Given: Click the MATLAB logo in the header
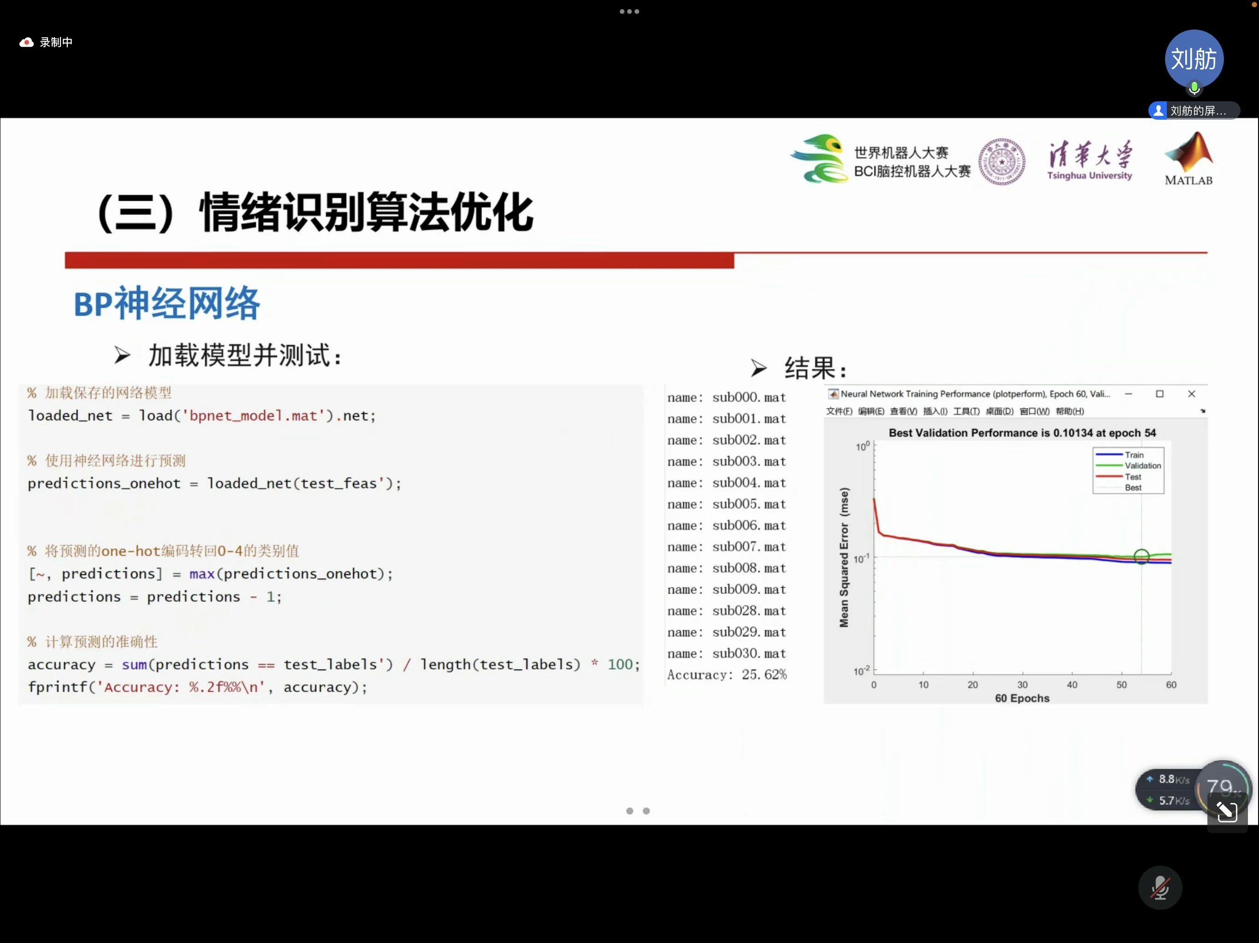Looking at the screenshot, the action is coord(1188,159).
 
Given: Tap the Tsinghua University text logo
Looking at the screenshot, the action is coord(1089,160).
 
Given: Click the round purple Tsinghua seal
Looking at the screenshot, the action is coord(1002,162).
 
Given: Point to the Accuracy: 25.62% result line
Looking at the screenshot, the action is coord(727,675).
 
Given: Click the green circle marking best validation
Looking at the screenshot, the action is coord(1141,556).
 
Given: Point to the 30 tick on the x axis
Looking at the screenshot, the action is coord(1022,685).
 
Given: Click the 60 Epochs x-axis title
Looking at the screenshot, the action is coord(1022,699).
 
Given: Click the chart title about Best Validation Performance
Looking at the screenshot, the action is coord(1022,433).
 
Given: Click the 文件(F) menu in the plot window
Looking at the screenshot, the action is coord(839,411).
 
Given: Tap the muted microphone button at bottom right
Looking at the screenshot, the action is coord(1160,888).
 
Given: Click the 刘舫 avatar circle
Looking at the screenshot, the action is coord(1194,59).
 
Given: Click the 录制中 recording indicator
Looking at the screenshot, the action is coord(46,42).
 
